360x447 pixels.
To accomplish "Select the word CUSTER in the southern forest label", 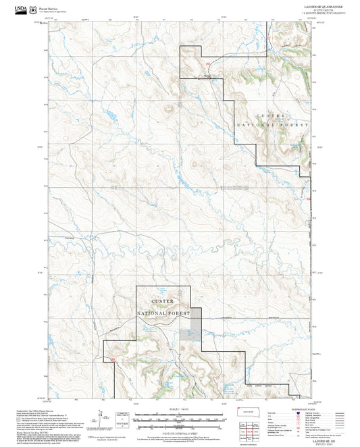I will [x=163, y=301].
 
